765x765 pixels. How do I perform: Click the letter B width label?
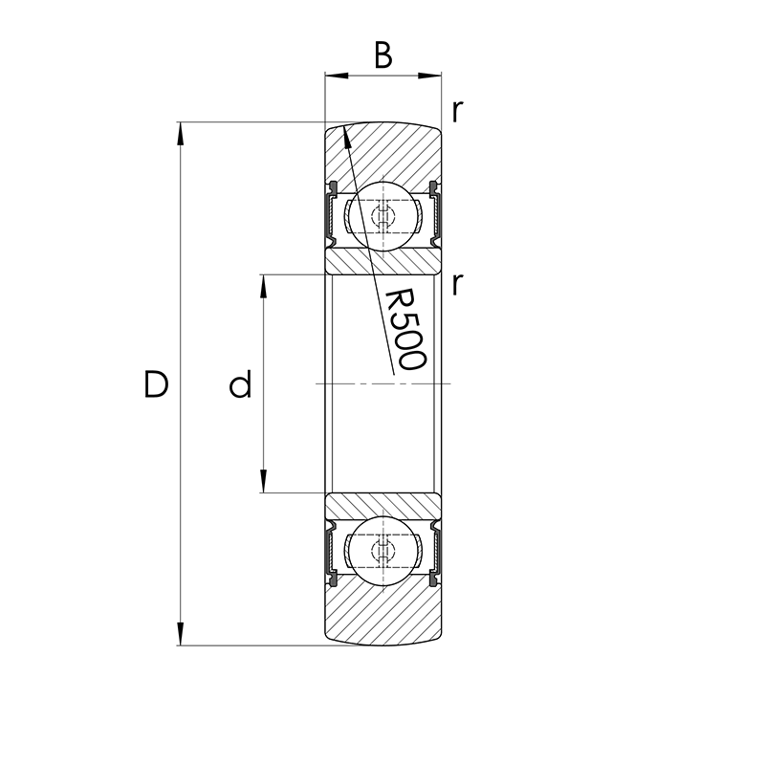pos(382,55)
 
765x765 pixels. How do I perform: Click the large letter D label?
pos(156,384)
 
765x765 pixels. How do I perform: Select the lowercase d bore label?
pos(240,385)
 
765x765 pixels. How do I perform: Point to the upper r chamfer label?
pos(458,112)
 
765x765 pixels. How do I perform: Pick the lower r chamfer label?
pos(458,283)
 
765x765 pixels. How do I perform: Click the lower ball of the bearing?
pos(383,551)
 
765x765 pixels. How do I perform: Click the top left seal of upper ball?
pos(333,185)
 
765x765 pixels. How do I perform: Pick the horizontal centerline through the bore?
pos(382,384)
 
